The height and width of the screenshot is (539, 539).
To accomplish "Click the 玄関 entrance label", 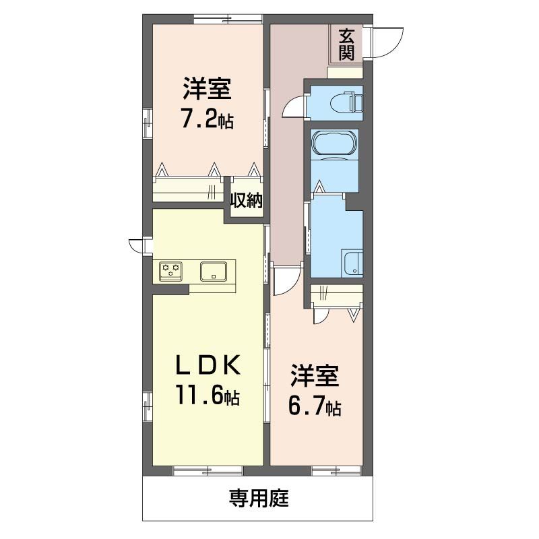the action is click(x=346, y=44).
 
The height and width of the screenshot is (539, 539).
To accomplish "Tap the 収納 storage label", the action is click(x=247, y=200).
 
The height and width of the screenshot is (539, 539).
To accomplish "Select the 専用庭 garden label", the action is click(x=259, y=498).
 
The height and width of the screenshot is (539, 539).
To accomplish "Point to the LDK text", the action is click(x=208, y=365).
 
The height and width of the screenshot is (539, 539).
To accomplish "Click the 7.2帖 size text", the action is click(x=208, y=120).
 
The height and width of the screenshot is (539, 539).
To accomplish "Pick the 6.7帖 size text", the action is click(x=315, y=407).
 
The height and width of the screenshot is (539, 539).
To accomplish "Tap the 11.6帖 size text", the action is click(x=208, y=395).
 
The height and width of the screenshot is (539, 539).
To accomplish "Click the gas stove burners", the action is click(x=171, y=271).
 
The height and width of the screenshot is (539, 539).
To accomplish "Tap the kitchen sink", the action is click(x=214, y=272).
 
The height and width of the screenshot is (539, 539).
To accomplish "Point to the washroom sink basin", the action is click(x=352, y=263).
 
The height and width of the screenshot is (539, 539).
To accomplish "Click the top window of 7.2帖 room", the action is click(x=228, y=19).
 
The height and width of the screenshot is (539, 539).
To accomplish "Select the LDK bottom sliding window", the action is click(x=208, y=470).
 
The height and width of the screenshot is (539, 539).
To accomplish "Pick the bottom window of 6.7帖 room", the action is click(x=336, y=470).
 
